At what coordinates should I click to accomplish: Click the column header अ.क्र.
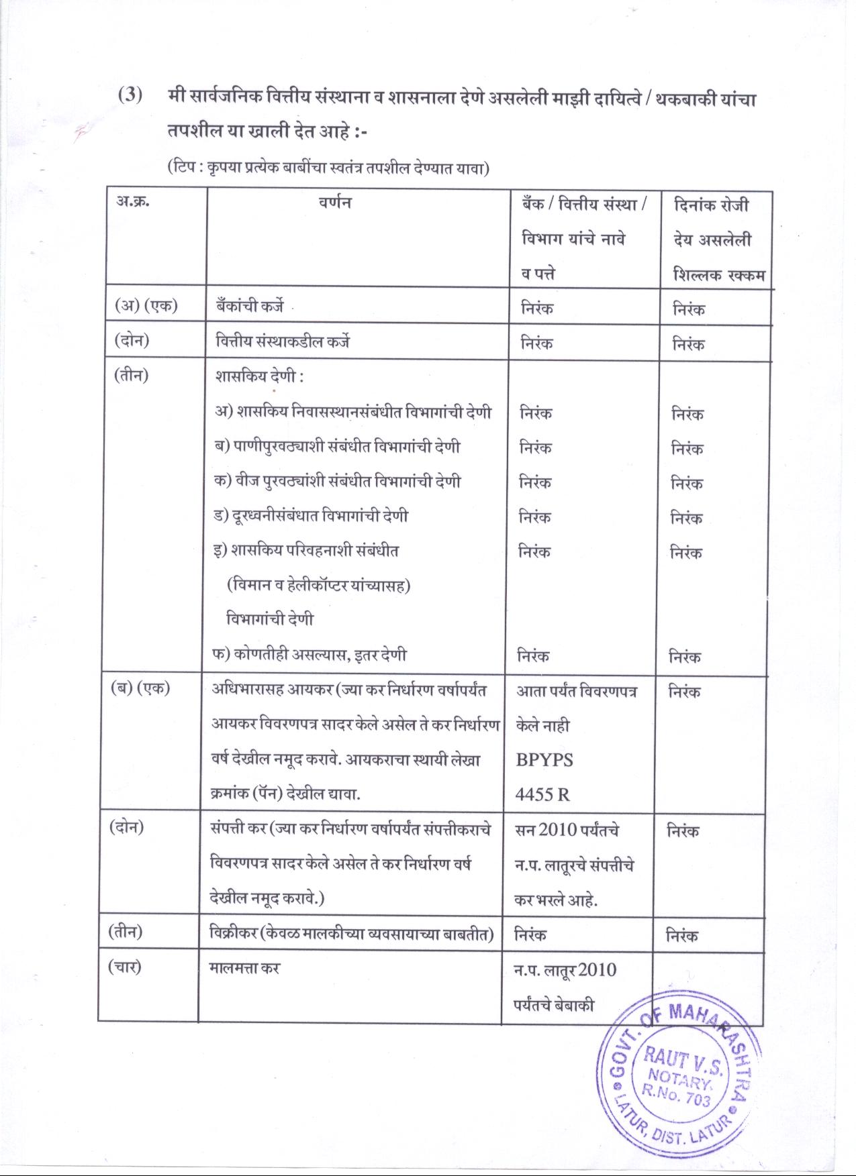[x=132, y=202]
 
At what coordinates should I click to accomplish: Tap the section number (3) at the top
[x=130, y=95]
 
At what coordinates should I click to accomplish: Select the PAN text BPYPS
[x=544, y=760]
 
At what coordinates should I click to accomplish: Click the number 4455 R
[x=542, y=795]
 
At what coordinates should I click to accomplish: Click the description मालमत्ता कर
[x=244, y=968]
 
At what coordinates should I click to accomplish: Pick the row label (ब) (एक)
[x=140, y=690]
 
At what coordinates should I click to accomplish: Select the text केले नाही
[x=542, y=726]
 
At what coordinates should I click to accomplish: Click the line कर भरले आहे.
[x=555, y=900]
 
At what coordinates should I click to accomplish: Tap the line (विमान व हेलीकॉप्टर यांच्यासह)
[x=319, y=585]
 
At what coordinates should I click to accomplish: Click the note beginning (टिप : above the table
[x=328, y=168]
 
